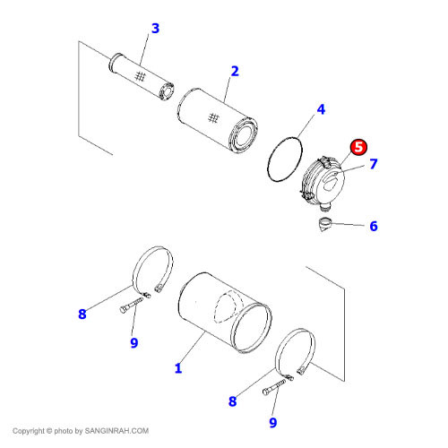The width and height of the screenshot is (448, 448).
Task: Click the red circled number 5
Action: click(358, 147)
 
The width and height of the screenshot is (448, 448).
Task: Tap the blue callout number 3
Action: click(155, 29)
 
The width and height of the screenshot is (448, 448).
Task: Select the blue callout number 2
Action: click(235, 72)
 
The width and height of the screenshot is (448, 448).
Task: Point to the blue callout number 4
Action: click(321, 109)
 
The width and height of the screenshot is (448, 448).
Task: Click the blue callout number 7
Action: click(374, 164)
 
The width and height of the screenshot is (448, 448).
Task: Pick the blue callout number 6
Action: click(374, 226)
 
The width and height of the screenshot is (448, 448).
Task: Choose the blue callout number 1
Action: click(178, 368)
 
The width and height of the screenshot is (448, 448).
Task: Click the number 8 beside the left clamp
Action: click(82, 314)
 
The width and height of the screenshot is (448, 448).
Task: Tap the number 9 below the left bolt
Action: click(134, 343)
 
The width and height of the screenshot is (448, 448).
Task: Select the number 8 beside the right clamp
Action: click(232, 401)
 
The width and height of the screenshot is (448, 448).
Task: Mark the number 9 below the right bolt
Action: click(273, 423)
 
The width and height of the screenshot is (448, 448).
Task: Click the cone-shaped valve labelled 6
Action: click(325, 224)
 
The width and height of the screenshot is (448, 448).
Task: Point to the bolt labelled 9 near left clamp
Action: click(131, 306)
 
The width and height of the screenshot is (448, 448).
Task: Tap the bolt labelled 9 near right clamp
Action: click(273, 387)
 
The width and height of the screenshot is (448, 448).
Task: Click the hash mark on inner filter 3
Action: click(140, 76)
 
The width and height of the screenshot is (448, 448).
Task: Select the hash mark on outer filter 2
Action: click(213, 118)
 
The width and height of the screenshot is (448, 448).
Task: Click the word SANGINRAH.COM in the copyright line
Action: click(116, 431)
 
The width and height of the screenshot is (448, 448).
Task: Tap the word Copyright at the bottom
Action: click(29, 431)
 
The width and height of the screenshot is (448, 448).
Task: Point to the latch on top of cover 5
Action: click(325, 161)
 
